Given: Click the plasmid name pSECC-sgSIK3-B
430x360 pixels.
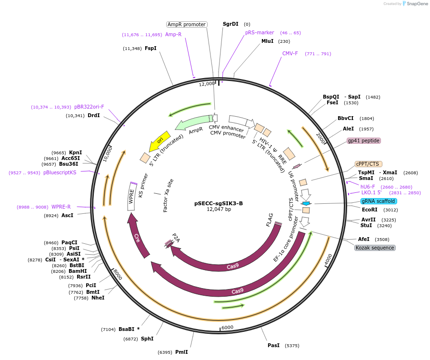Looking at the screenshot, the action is point(219,203).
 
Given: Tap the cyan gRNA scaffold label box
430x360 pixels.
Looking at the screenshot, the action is point(378,201).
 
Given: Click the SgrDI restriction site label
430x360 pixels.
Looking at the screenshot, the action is point(230,24).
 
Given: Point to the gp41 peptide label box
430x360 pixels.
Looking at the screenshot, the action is point(363,140).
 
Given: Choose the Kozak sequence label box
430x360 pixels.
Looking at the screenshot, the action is point(374,248).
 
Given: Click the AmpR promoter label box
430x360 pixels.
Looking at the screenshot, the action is point(186,24).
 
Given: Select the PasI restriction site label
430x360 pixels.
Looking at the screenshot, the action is point(273,345).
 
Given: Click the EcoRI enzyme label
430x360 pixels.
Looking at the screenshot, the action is point(370,209).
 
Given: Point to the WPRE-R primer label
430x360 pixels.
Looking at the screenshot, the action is point(61,207).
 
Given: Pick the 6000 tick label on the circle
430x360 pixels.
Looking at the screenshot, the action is point(227,327).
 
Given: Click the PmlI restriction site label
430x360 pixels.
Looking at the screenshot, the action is point(181,352).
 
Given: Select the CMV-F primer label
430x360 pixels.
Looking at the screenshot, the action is point(290,53).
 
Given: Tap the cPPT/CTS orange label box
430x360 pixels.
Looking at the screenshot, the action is point(369,164).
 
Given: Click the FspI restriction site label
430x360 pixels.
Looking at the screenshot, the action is point(150,48).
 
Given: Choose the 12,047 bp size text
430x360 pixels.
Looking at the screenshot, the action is point(219,210).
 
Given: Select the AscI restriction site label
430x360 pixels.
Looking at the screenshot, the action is point(68,215).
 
